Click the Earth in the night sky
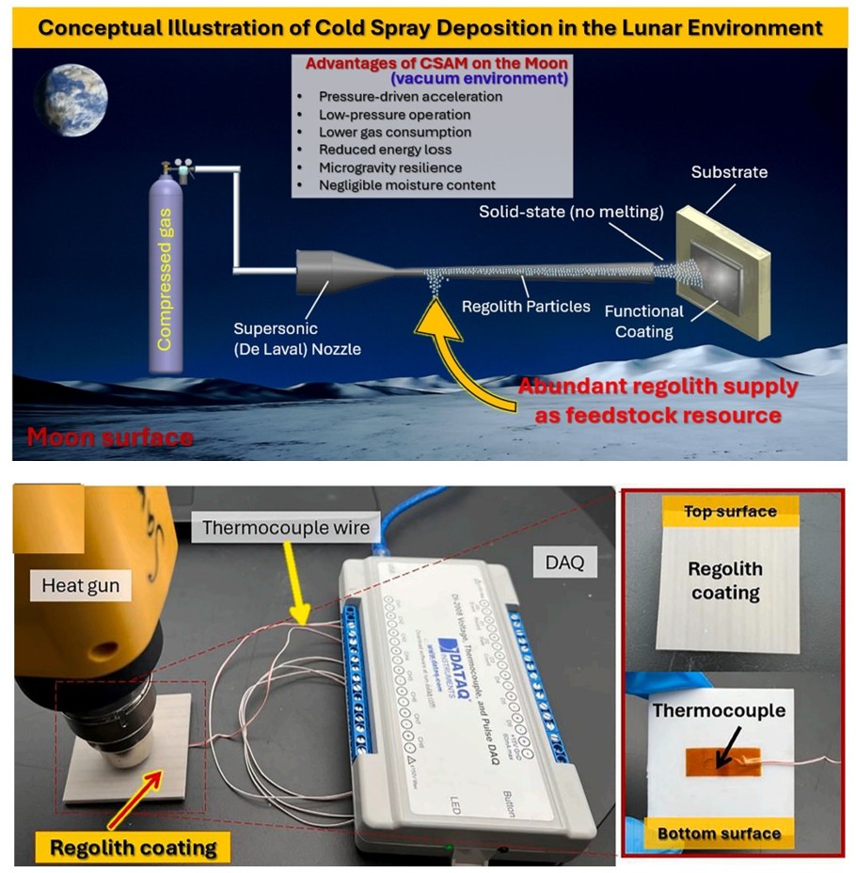coord(73,98)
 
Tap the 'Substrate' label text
coord(729,172)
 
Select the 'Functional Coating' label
coord(643,321)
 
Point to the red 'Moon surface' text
coord(111,437)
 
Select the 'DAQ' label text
coord(564,563)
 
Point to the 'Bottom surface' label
coord(720,833)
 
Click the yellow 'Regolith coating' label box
coord(133,848)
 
